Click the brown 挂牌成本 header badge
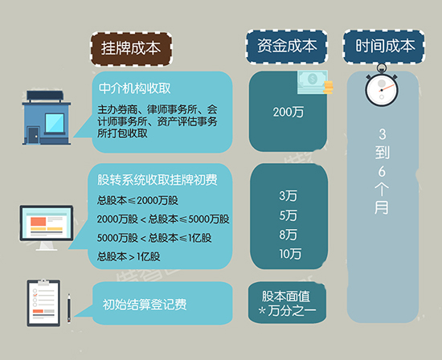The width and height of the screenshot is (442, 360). click(x=131, y=49)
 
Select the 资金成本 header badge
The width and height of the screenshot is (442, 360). click(x=287, y=47)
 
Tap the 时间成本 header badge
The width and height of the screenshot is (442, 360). click(x=384, y=47)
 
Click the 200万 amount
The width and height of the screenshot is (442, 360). click(x=288, y=112)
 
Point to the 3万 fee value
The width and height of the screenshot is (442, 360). click(x=288, y=195)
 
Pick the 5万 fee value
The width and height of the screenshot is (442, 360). click(x=288, y=215)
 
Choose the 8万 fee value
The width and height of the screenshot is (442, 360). click(x=288, y=235)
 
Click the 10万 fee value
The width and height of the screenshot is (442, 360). click(x=290, y=254)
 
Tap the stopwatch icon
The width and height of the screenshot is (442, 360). click(x=382, y=86)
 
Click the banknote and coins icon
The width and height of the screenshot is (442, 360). click(x=315, y=82)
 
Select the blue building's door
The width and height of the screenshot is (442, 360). click(x=33, y=136)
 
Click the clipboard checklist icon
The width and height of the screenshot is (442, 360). click(x=43, y=303)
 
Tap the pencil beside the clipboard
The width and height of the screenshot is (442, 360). click(x=69, y=309)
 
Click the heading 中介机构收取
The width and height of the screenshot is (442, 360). click(x=134, y=88)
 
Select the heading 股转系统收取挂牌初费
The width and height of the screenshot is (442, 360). click(x=158, y=180)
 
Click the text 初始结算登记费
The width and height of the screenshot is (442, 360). click(x=145, y=305)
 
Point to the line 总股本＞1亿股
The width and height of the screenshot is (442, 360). click(x=129, y=256)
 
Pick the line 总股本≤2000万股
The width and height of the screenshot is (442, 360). click(x=137, y=200)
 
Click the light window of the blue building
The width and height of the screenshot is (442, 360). click(x=55, y=123)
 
